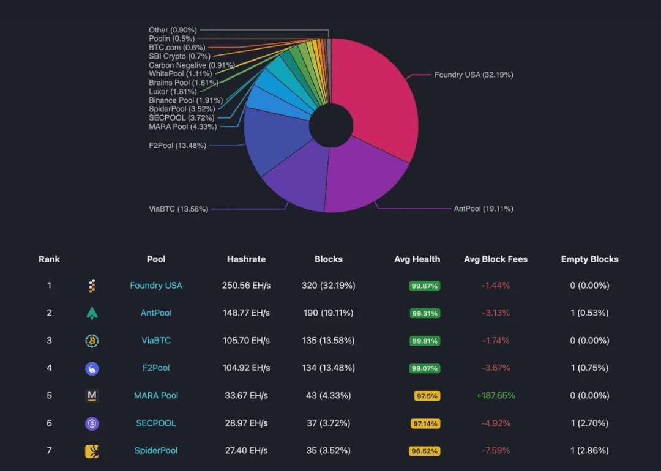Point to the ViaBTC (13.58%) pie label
pos(178,209)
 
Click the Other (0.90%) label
pos(173,30)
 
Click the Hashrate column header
pos(246,259)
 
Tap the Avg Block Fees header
pos(496,259)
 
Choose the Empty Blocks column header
pos(589,259)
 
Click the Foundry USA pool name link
pos(156,285)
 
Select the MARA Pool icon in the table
pos(92,396)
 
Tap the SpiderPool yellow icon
pos(92,451)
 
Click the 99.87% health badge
pos(425,286)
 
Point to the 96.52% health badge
pos(424,451)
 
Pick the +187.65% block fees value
pos(496,395)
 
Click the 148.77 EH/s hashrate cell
pos(246,313)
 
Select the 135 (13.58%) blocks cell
pos(329,340)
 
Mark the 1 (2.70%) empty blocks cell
pos(589,423)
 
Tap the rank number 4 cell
pos(50,368)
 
